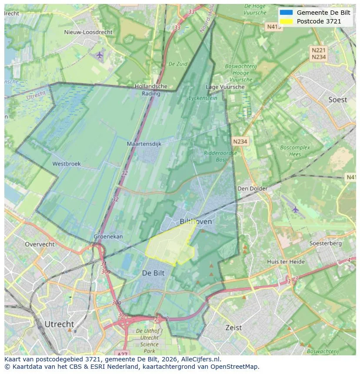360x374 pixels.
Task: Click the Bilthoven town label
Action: [x=196, y=222]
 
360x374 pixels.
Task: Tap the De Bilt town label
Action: [x=153, y=273]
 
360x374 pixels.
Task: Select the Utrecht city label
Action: [x=59, y=324]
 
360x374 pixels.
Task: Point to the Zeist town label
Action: [x=233, y=328]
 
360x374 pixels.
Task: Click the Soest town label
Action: [x=337, y=99]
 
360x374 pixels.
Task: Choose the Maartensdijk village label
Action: [x=144, y=143]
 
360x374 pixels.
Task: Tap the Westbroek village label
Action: [x=67, y=164]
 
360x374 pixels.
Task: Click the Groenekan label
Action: [x=108, y=237]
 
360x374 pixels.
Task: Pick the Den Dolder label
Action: [x=252, y=189]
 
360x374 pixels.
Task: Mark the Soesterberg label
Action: [x=325, y=243]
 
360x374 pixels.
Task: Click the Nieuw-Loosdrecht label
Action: [x=88, y=32]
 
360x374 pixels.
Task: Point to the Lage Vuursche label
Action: [x=225, y=87]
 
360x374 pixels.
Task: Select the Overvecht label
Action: [x=40, y=244]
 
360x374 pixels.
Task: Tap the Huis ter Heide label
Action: [x=286, y=261]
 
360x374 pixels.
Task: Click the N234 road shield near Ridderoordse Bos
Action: [x=240, y=142]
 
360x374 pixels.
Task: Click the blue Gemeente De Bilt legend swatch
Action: [x=286, y=13]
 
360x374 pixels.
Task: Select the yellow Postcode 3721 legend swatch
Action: [x=286, y=21]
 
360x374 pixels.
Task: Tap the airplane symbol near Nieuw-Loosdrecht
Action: [x=100, y=55]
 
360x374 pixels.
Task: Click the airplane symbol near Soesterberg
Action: [x=296, y=210]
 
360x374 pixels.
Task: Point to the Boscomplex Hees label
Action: [x=295, y=151]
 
